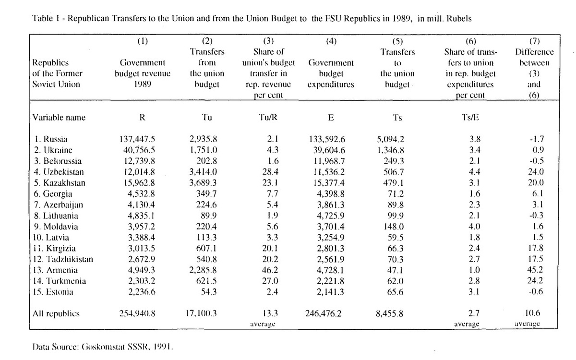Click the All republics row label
coord(56,314)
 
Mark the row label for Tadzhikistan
coord(62,260)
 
